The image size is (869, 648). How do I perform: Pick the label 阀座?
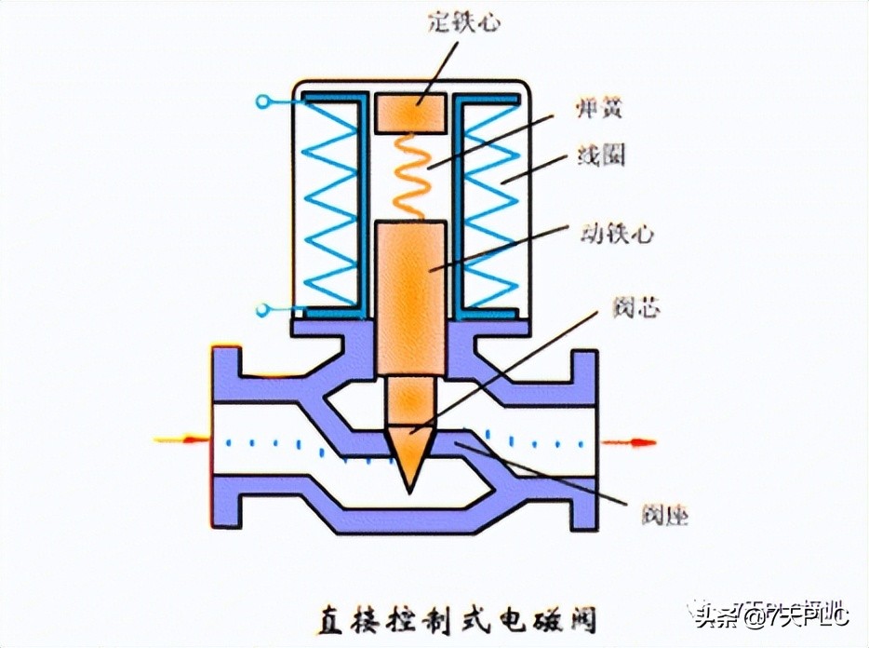point(664,513)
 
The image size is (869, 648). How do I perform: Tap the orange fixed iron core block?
point(410,112)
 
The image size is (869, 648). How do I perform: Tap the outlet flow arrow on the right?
point(629,441)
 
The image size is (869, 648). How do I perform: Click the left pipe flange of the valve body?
point(225,438)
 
